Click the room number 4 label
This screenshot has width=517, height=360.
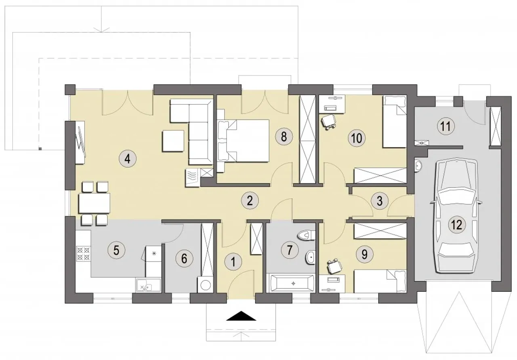point(128,159)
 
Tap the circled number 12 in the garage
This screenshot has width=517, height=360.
point(457,225)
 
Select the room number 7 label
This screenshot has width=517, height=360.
point(290,250)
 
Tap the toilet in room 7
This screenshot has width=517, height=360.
point(306,236)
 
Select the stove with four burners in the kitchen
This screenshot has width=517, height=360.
point(83,254)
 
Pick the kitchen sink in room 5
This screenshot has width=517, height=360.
point(148,285)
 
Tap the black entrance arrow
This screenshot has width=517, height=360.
point(241,316)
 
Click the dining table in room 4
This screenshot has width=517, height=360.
point(94,203)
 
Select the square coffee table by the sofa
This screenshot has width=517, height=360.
point(173,141)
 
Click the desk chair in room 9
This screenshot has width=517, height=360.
point(334,266)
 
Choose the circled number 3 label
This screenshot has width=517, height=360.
point(380,201)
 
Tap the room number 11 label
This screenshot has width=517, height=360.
point(446,126)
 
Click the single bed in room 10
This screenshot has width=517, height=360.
point(395,122)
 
